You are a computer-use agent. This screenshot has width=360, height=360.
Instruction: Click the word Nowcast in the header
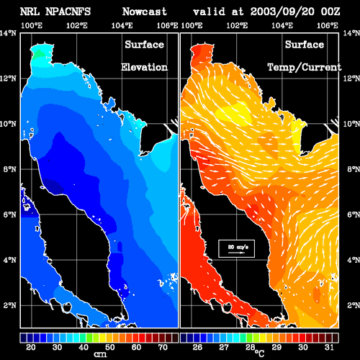click(145, 12)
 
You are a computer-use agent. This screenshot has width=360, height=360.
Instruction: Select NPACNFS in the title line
click(68, 12)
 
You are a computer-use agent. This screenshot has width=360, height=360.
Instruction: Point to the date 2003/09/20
click(282, 12)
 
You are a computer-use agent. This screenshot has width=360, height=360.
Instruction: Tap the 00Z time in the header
click(330, 12)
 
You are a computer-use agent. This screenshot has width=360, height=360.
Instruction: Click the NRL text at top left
click(30, 12)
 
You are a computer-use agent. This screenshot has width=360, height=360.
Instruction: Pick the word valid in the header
click(210, 12)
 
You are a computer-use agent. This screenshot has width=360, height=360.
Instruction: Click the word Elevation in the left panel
click(144, 67)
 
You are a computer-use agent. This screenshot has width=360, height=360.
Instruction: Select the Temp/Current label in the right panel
click(305, 68)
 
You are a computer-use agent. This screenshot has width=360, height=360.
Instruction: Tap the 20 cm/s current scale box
click(236, 248)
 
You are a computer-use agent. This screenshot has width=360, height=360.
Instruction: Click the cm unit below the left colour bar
click(100, 354)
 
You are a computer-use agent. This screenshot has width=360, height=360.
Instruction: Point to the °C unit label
click(259, 353)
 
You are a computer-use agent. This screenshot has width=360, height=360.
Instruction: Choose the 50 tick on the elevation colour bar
click(109, 347)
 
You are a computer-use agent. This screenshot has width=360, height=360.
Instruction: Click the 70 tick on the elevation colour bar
click(163, 347)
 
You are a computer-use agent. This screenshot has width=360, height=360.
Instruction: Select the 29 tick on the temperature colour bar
click(276, 347)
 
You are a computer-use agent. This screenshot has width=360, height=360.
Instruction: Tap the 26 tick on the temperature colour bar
click(197, 347)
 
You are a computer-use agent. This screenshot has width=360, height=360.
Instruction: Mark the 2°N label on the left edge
click(10, 305)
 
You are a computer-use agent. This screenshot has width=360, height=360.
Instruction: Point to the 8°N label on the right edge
click(354, 169)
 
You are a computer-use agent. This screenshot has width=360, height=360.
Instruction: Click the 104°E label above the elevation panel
click(122, 25)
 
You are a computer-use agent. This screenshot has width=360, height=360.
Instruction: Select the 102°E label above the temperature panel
click(237, 25)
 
